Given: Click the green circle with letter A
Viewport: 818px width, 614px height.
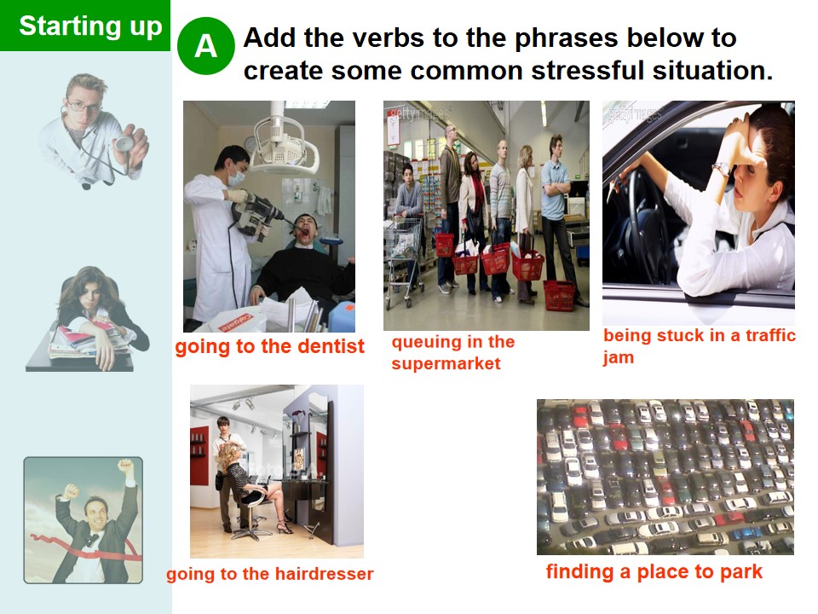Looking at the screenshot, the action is point(206,46).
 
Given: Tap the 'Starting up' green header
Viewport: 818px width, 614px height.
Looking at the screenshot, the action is point(85,26).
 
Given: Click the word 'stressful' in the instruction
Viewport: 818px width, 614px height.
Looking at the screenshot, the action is point(587,71).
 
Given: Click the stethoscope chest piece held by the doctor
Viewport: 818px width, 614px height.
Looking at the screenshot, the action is point(124,144).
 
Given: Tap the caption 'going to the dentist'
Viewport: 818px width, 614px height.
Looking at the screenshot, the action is point(270,347).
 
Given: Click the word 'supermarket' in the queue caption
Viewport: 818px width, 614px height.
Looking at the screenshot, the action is point(446,363).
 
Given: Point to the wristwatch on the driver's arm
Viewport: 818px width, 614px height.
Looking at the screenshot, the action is point(723,168).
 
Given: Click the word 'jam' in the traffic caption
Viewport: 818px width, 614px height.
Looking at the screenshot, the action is point(619,357).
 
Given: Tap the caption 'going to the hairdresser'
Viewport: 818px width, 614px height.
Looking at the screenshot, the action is point(270,574).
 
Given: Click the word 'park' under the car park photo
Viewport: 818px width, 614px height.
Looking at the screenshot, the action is point(741,571).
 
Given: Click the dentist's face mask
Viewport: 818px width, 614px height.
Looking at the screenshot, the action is point(236,177).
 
